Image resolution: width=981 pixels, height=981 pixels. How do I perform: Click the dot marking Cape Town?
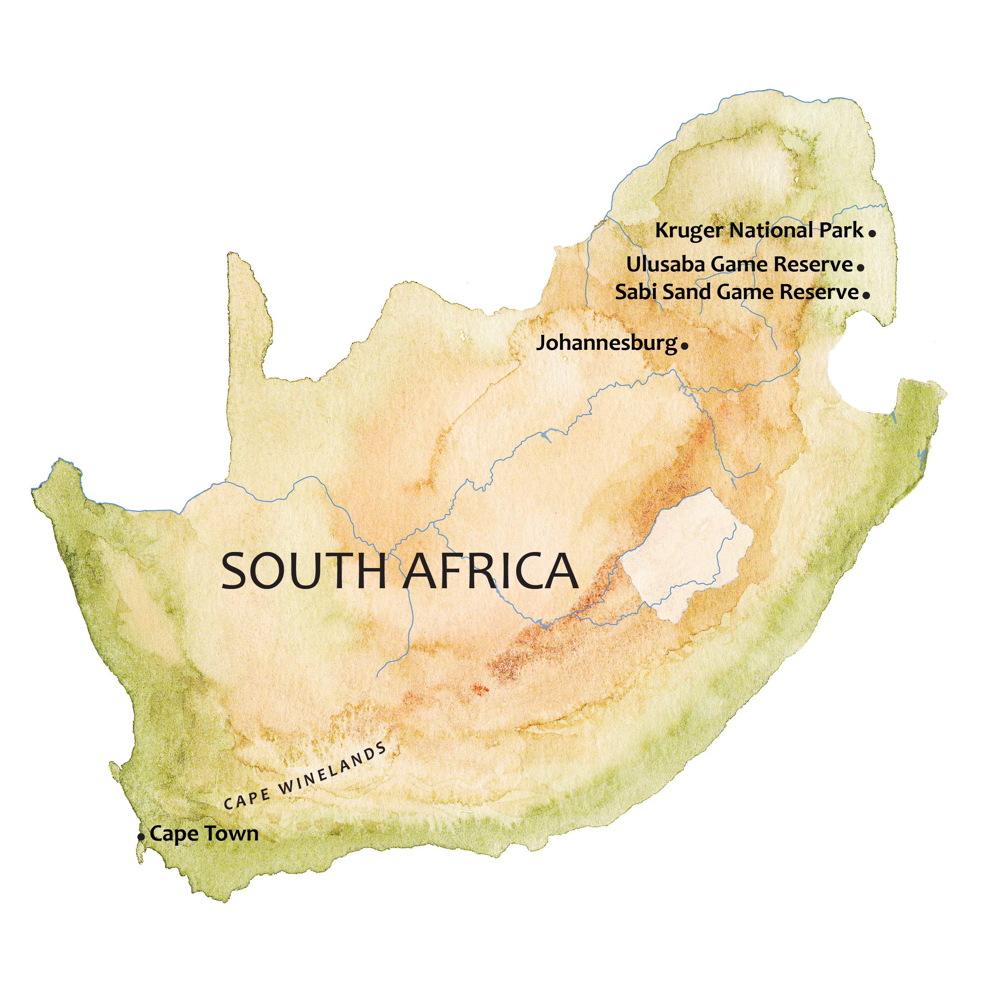tap(141, 836)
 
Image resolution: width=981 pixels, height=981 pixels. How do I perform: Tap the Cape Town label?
tap(204, 834)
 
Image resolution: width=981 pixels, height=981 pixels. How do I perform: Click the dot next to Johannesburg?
tap(685, 346)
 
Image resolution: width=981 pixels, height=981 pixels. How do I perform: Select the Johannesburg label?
tap(607, 343)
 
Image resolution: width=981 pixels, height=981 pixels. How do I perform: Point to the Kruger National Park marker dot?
tap(872, 234)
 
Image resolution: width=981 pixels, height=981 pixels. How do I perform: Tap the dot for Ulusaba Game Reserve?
tap(861, 267)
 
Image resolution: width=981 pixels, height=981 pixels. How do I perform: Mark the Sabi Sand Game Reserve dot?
tap(866, 294)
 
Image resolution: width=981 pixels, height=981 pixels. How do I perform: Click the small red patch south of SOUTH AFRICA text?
tap(480, 689)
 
